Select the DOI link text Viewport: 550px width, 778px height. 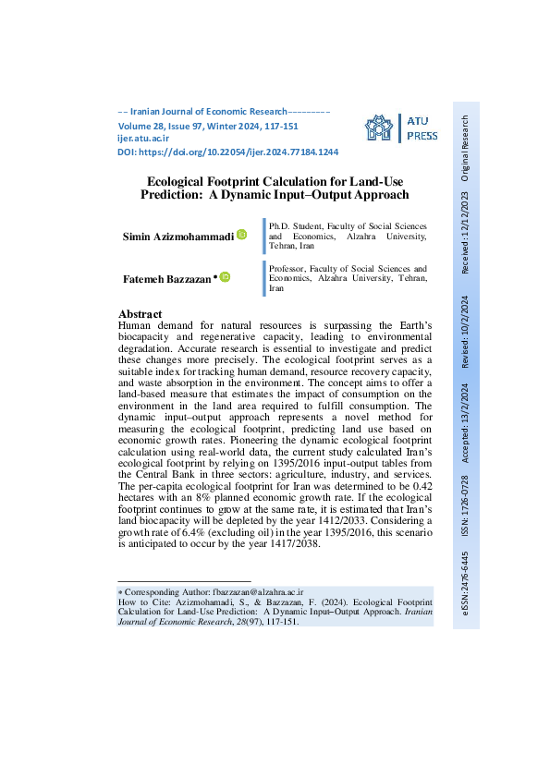click(x=227, y=152)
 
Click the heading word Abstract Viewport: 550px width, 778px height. click(x=141, y=314)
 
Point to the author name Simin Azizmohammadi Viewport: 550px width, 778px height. click(x=178, y=237)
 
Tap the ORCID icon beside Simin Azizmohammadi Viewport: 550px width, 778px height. click(x=242, y=236)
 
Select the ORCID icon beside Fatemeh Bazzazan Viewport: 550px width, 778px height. click(x=225, y=277)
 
